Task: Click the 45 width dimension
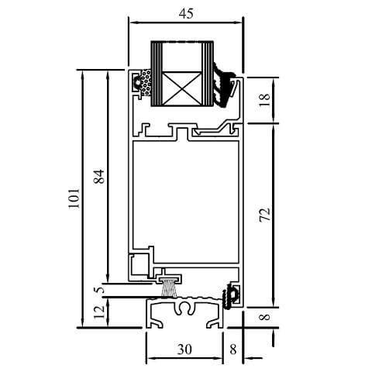[185, 13]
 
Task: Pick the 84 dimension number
[98, 177]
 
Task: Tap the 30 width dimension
[184, 350]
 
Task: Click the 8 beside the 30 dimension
[233, 350]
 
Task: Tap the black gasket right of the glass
[225, 85]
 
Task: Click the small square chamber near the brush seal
[139, 263]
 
